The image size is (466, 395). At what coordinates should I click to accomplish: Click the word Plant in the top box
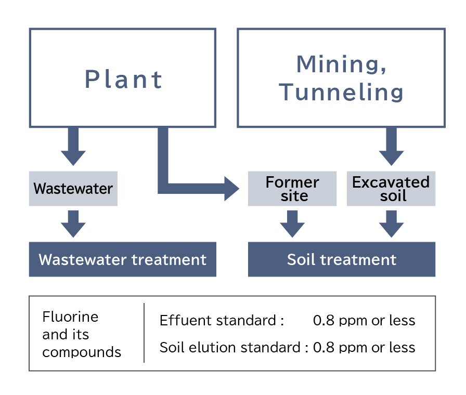point(123,80)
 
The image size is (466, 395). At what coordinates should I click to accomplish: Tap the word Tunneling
point(341,92)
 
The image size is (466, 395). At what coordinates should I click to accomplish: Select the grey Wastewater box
point(73,189)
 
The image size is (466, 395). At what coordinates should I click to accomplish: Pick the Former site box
point(292,189)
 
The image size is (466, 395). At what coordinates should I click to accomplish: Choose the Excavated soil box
point(391,189)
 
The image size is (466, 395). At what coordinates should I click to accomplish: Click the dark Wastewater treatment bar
point(122,259)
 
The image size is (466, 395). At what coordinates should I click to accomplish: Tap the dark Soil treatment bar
point(342,259)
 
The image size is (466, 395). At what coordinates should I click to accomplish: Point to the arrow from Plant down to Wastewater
point(73,146)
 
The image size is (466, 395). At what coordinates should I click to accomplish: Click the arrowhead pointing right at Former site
point(231,189)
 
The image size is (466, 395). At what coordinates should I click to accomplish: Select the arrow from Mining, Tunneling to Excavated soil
point(392,146)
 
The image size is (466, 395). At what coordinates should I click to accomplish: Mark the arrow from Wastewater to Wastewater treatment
point(73,224)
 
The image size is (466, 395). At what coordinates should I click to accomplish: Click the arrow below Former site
point(292,224)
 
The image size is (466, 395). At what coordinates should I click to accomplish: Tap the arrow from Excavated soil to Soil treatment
point(392,224)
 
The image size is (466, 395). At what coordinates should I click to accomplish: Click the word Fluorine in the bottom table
point(70,317)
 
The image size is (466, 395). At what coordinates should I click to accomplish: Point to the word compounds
point(82,352)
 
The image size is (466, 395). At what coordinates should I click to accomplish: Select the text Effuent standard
point(218,321)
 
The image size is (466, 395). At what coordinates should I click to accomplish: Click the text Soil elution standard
point(230,348)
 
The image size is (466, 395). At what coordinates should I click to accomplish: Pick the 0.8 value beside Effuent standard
point(323,321)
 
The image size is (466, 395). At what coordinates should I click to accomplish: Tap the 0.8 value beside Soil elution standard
point(323,348)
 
